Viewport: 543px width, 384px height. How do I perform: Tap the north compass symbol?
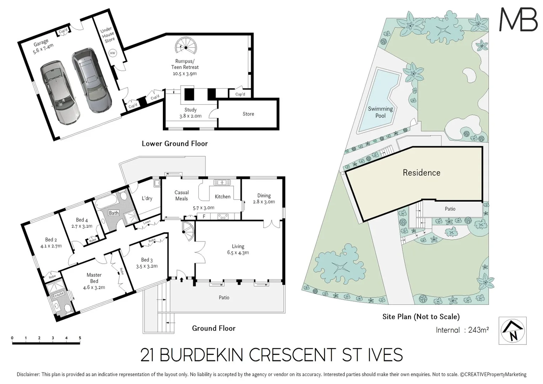click(x=512, y=331)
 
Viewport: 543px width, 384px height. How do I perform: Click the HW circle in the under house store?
click(x=112, y=53)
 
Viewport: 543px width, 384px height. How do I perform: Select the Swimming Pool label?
click(x=380, y=112)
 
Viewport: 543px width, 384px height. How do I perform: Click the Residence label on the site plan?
click(x=421, y=173)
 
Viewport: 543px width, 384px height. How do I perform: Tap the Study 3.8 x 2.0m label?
click(x=190, y=113)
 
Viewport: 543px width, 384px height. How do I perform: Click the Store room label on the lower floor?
click(x=248, y=114)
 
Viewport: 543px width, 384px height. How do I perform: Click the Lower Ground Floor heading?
click(x=175, y=144)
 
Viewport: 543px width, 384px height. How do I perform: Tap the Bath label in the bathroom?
click(x=114, y=213)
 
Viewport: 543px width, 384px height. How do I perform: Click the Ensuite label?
click(x=58, y=294)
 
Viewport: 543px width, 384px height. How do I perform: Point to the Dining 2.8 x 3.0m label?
click(x=264, y=198)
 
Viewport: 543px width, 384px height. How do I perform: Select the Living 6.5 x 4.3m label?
click(x=238, y=249)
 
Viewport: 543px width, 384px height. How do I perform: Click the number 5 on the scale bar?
click(x=80, y=338)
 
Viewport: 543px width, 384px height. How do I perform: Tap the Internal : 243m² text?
click(x=462, y=330)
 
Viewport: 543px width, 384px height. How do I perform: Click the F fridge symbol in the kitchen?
click(x=204, y=216)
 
